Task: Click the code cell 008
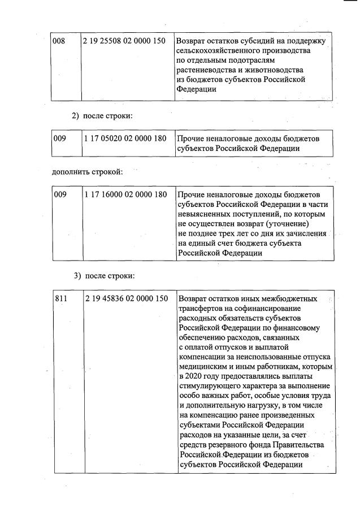point(59,41)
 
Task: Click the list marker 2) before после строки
point(76,116)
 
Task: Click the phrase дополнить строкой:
point(87,171)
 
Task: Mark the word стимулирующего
point(209,386)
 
